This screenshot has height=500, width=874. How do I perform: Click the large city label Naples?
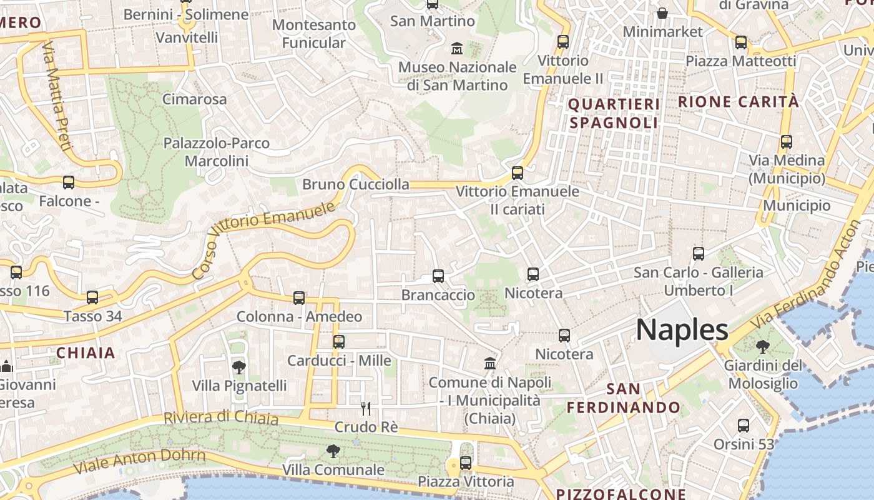pyautogui.click(x=682, y=329)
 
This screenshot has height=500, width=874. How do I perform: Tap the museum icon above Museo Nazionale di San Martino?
pyautogui.click(x=457, y=47)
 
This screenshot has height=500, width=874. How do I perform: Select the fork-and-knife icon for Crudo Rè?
pyautogui.click(x=366, y=409)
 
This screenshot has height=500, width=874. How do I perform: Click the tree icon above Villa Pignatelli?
pyautogui.click(x=238, y=367)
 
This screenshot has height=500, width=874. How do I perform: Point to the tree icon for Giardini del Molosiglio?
pyautogui.click(x=762, y=346)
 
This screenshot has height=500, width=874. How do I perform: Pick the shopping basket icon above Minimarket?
pyautogui.click(x=662, y=13)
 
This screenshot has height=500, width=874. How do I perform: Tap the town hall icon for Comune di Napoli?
pyautogui.click(x=490, y=363)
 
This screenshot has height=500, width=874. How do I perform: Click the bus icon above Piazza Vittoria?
pyautogui.click(x=465, y=463)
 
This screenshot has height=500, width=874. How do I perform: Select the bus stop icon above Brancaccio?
pyautogui.click(x=438, y=276)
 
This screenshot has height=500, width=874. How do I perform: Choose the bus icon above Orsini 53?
pyautogui.click(x=744, y=426)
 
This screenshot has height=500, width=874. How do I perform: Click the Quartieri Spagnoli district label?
pyautogui.click(x=614, y=113)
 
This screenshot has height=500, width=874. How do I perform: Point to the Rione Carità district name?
pyautogui.click(x=738, y=102)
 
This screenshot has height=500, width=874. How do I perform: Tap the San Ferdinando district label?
pyautogui.click(x=624, y=398)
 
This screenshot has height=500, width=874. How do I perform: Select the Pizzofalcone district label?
pyautogui.click(x=621, y=494)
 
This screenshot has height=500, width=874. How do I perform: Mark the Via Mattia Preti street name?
pyautogui.click(x=56, y=96)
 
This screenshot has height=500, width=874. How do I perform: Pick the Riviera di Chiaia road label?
pyautogui.click(x=221, y=417)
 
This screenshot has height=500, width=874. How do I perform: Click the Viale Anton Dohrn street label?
pyautogui.click(x=139, y=461)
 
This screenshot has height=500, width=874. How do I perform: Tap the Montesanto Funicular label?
pyautogui.click(x=314, y=34)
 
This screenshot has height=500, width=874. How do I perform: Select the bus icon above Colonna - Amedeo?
pyautogui.click(x=299, y=298)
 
